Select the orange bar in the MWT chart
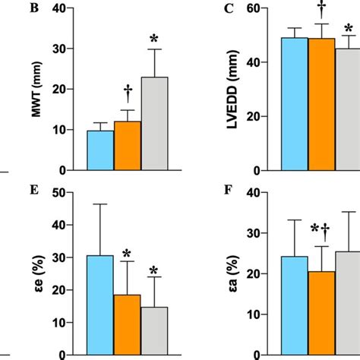tap(127, 146)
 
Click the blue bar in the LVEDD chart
tap(294, 104)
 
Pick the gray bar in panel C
tap(348, 109)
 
